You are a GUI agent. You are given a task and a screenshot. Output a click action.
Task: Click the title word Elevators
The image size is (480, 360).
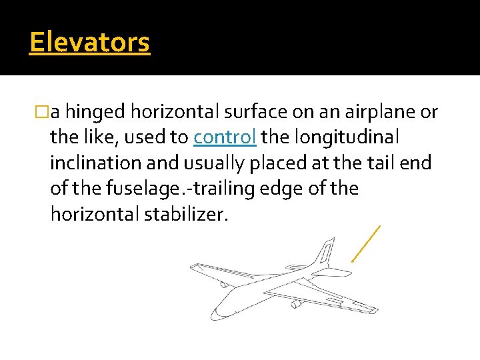[x=89, y=43]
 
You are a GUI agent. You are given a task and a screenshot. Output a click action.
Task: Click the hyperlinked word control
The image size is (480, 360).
[x=225, y=137]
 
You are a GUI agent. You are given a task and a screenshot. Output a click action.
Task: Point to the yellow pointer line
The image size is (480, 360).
[x=366, y=243]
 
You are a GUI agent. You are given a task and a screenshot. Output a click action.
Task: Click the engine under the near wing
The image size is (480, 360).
[x=296, y=304]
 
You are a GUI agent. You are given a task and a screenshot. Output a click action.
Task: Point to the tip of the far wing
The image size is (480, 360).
[x=194, y=267]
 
